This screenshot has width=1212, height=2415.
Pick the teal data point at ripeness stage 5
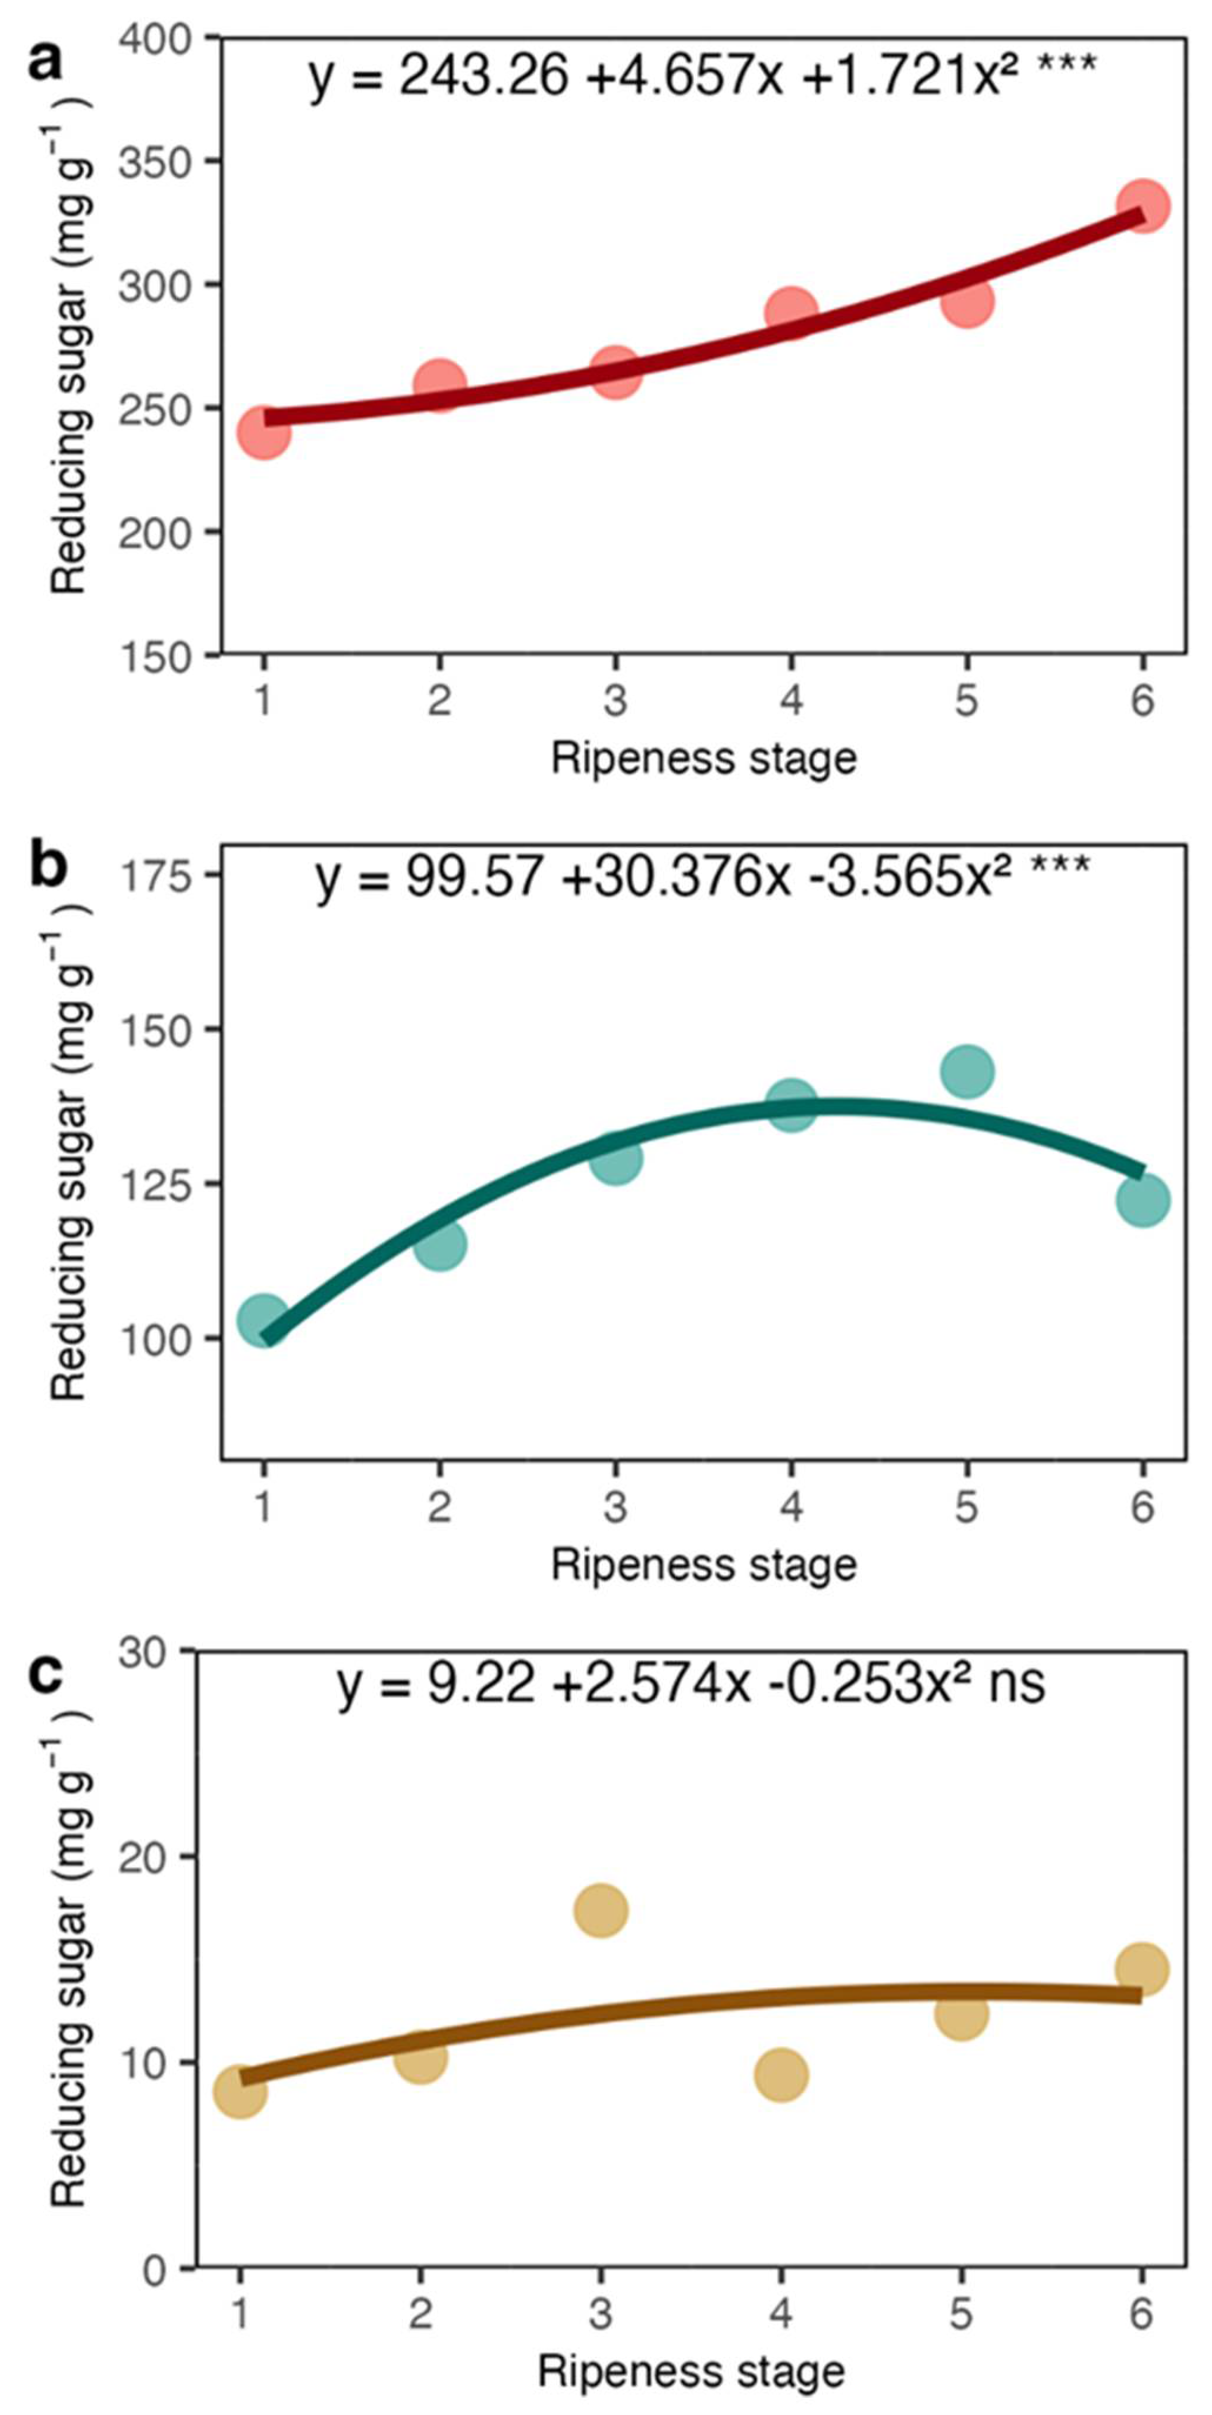[967, 1072]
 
